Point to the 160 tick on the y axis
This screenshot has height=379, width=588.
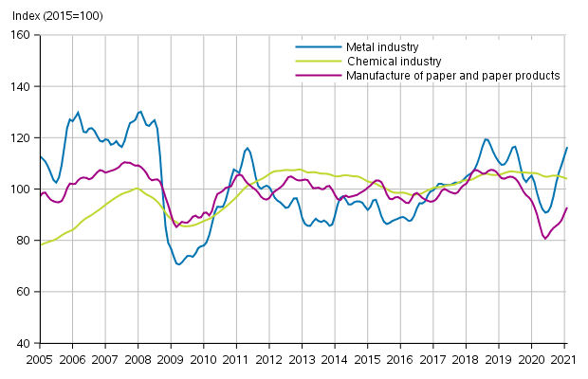(x=21, y=35)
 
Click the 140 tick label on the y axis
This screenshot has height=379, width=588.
(x=21, y=86)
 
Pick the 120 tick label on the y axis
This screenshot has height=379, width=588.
(x=21, y=137)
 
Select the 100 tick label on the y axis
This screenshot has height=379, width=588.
(x=21, y=189)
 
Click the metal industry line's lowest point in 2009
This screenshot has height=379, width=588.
(x=178, y=264)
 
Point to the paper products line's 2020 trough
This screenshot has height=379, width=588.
(x=545, y=239)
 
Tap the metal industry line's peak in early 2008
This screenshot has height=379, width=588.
(x=140, y=112)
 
